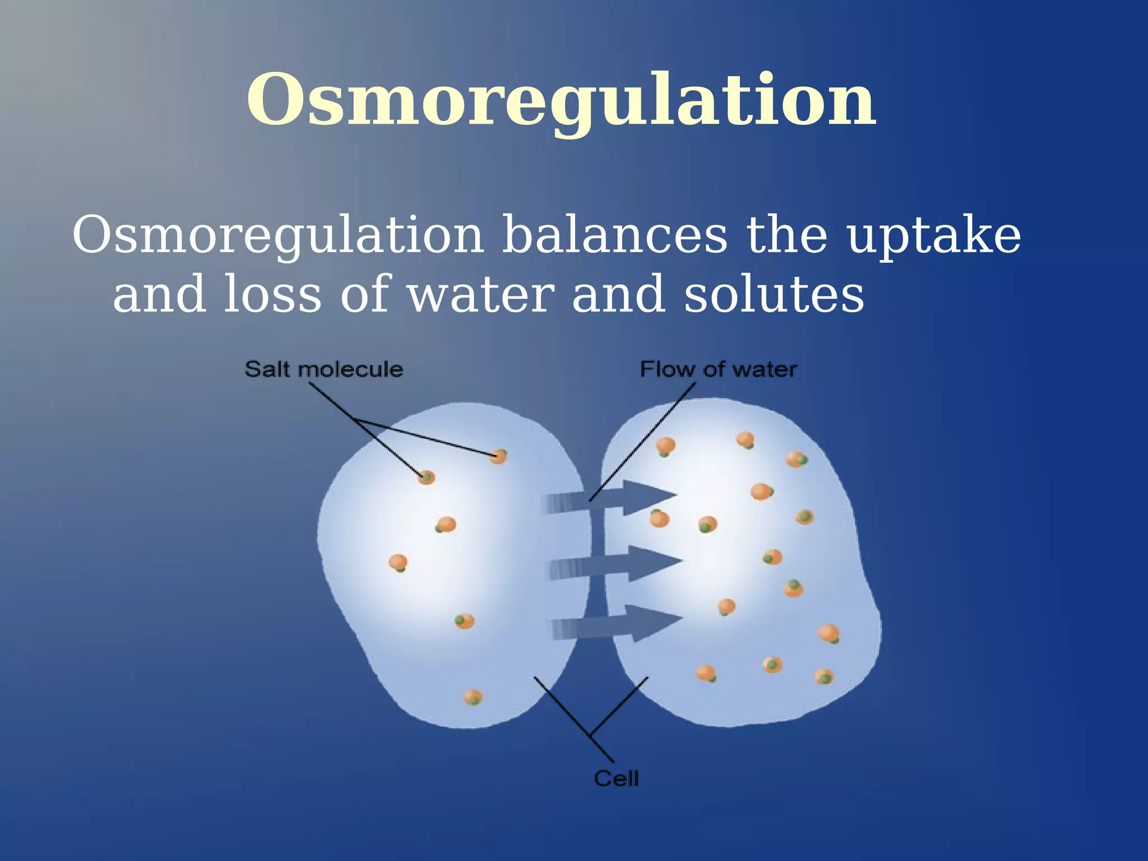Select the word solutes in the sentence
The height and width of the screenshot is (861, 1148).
point(774,295)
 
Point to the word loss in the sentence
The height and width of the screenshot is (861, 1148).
point(272,295)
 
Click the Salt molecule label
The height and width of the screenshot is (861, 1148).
point(323,369)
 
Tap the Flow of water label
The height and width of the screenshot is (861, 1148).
point(718,369)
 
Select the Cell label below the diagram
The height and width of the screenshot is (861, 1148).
point(616,779)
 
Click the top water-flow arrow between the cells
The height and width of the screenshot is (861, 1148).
point(611,497)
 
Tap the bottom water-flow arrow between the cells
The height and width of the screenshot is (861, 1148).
point(617,623)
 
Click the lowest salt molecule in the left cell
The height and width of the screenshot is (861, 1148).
point(473,698)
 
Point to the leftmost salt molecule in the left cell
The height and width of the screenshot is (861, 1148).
point(398,562)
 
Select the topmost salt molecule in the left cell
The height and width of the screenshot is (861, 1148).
point(498,456)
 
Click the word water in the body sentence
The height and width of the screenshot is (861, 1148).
point(481,295)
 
